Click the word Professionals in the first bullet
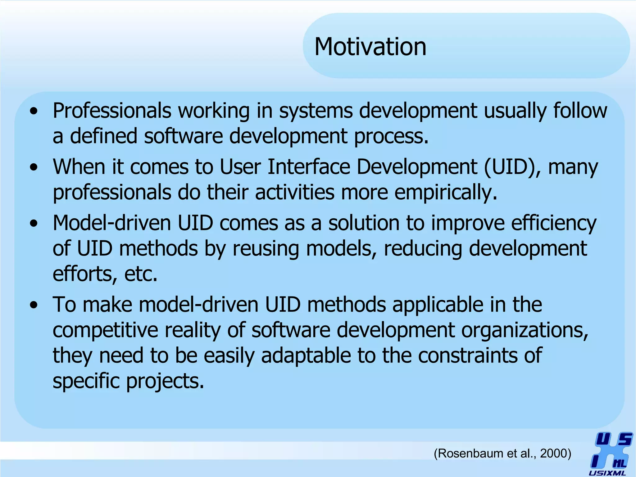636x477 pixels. click(112, 111)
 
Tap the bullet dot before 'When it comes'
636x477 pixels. click(34, 167)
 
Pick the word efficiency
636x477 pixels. click(553, 224)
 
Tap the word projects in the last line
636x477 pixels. click(165, 381)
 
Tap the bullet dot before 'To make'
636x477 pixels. click(34, 305)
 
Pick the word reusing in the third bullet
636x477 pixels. click(266, 249)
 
